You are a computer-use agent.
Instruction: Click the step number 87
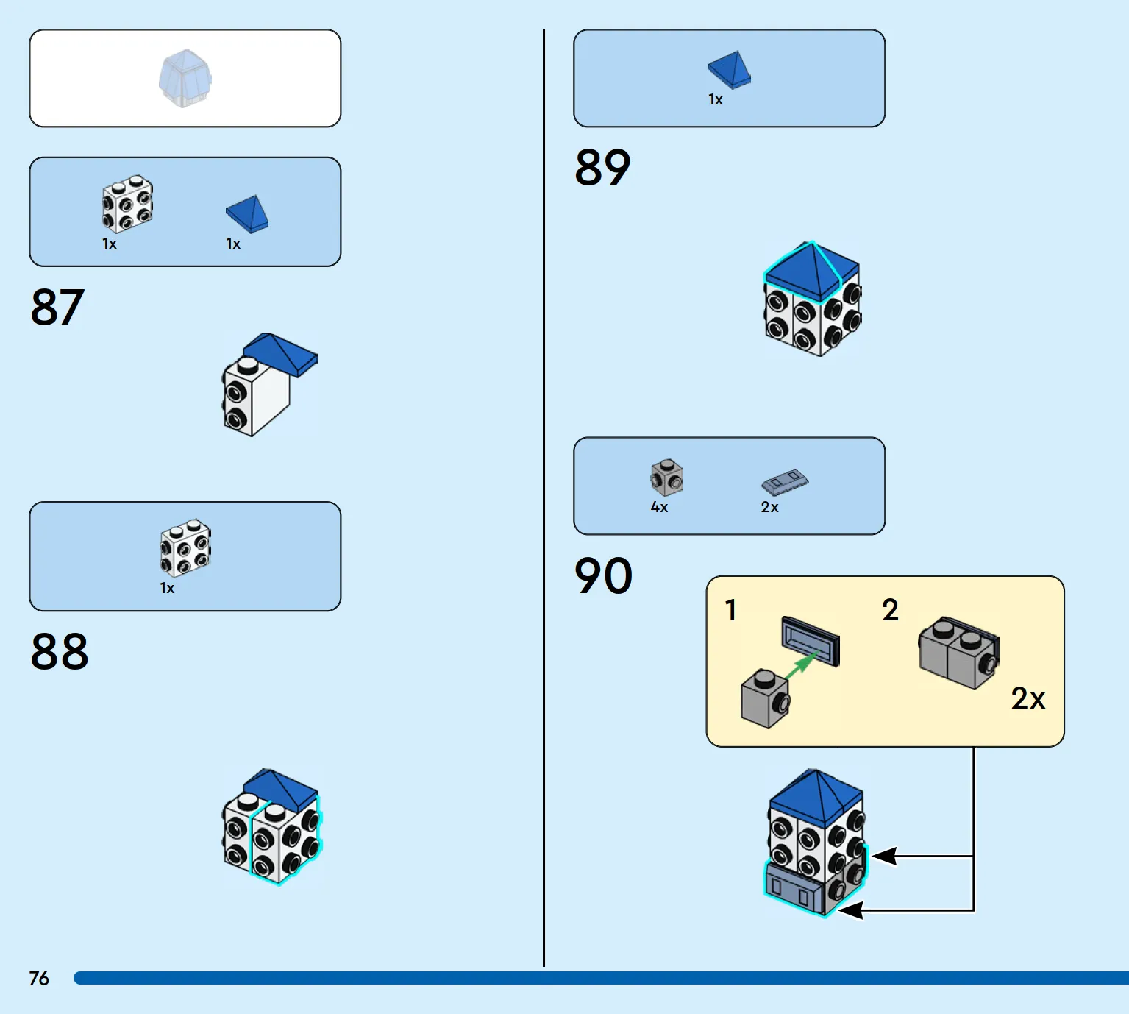(57, 307)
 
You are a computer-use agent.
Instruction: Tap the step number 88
(59, 651)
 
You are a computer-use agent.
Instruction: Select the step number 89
(602, 167)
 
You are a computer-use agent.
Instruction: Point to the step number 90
(604, 575)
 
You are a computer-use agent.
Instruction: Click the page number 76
(39, 978)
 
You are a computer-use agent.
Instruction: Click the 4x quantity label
(659, 507)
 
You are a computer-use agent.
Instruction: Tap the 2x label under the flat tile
(769, 507)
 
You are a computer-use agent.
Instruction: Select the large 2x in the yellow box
(1028, 698)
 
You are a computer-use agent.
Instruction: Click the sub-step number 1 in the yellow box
(730, 610)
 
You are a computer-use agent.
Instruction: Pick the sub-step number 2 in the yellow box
(890, 609)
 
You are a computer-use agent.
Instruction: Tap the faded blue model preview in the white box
(185, 78)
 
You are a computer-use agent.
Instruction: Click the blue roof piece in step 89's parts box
(730, 70)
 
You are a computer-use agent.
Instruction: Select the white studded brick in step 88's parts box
(185, 548)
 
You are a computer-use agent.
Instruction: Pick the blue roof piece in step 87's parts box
(247, 213)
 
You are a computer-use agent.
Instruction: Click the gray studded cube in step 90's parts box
(666, 478)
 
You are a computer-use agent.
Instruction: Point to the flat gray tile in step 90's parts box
(785, 482)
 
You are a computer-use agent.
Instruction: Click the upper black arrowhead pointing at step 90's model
(884, 856)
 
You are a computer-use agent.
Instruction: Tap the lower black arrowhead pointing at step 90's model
(851, 910)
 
